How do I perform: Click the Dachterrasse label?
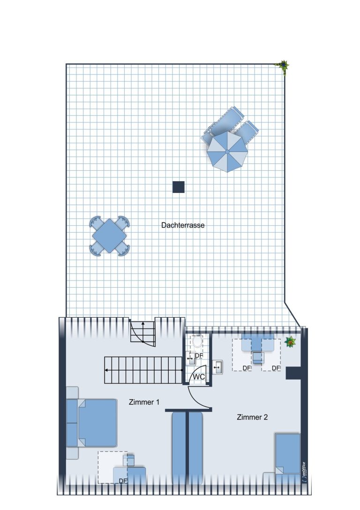pyautogui.click(x=183, y=225)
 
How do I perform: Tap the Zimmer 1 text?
pyautogui.click(x=144, y=402)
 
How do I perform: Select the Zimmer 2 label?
pyautogui.click(x=252, y=417)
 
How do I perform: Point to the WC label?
pyautogui.click(x=199, y=377)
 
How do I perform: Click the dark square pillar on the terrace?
pyautogui.click(x=179, y=187)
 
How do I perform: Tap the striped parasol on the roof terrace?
pyautogui.click(x=227, y=152)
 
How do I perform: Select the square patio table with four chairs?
pyautogui.click(x=110, y=236)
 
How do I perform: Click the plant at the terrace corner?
pyautogui.click(x=284, y=65)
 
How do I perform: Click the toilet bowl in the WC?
pyautogui.click(x=197, y=341)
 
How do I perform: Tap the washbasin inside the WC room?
pyautogui.click(x=191, y=358)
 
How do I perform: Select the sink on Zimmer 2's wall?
pyautogui.click(x=217, y=367)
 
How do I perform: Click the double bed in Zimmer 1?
pyautogui.click(x=91, y=423)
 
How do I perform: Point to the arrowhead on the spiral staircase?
pyautogui.click(x=142, y=324)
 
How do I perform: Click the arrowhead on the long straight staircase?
pyautogui.click(x=106, y=370)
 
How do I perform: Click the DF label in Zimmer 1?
pyautogui.click(x=123, y=481)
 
